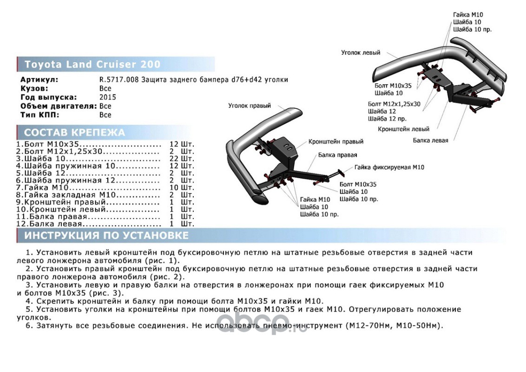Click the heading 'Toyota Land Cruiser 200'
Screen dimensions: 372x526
[x=92, y=64]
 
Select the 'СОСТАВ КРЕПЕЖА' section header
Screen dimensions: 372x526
[x=74, y=133]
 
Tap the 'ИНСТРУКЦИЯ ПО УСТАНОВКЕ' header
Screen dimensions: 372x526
[x=106, y=235]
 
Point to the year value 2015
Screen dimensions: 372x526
[x=107, y=97]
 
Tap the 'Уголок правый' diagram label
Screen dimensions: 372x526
[x=249, y=106]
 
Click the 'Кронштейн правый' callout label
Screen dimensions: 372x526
[x=335, y=141]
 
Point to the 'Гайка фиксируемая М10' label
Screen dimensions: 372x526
[x=389, y=167]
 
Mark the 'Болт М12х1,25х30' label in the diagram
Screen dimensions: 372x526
[x=394, y=104]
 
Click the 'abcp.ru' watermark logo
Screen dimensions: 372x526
[x=263, y=322]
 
